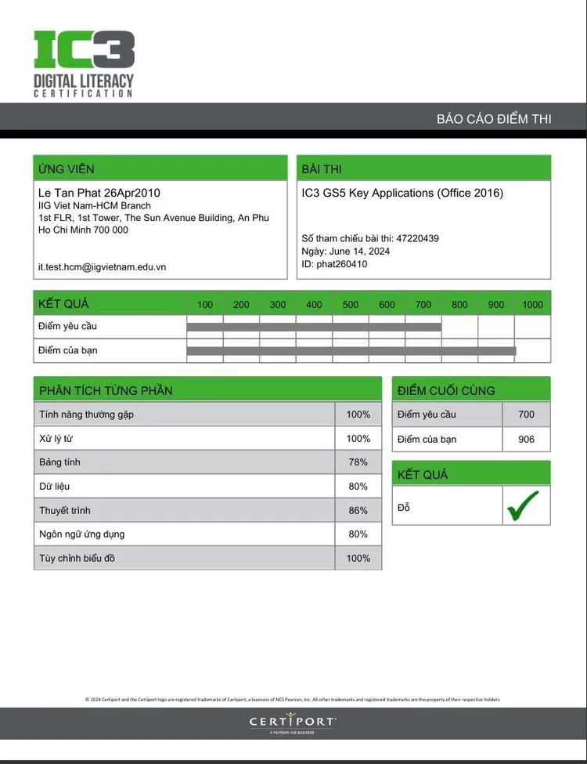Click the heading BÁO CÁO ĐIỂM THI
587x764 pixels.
click(x=494, y=119)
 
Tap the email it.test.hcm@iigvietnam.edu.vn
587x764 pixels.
click(x=102, y=266)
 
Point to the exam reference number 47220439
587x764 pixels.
click(x=417, y=238)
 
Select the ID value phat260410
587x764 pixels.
click(x=341, y=264)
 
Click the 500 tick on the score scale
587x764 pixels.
click(x=351, y=305)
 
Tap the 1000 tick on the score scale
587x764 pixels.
click(x=532, y=305)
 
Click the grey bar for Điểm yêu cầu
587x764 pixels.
click(x=314, y=327)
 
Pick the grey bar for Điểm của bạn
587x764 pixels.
click(x=351, y=351)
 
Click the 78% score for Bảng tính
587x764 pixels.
click(x=358, y=462)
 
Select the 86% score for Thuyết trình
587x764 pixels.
click(x=358, y=510)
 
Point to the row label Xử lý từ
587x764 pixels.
click(x=56, y=438)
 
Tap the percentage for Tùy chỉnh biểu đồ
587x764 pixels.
click(x=358, y=558)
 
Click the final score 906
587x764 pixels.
click(x=527, y=440)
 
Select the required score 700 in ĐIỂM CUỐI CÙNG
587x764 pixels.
click(x=527, y=415)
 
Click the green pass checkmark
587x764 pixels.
click(x=522, y=506)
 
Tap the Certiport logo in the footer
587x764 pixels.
click(x=293, y=722)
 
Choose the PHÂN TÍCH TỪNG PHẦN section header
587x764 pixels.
click(x=106, y=390)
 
